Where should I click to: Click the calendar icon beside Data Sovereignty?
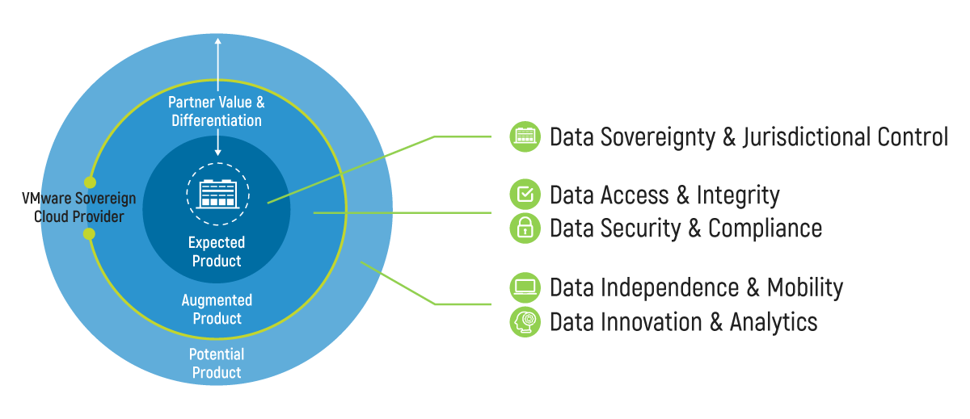pyautogui.click(x=525, y=136)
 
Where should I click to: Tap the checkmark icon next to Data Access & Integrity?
pyautogui.click(x=525, y=195)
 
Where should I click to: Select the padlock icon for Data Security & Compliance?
pyautogui.click(x=525, y=228)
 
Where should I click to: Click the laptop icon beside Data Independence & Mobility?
pyautogui.click(x=525, y=287)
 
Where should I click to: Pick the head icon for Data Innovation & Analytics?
pyautogui.click(x=525, y=321)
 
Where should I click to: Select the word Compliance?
pyautogui.click(x=765, y=228)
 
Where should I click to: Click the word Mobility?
pyautogui.click(x=804, y=287)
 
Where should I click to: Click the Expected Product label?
pyautogui.click(x=217, y=251)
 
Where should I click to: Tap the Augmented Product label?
pyautogui.click(x=217, y=309)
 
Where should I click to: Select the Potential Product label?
pyautogui.click(x=216, y=363)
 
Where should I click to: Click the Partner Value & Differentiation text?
pyautogui.click(x=217, y=111)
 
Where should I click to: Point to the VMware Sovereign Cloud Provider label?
pyautogui.click(x=78, y=208)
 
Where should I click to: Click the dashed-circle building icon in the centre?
pyautogui.click(x=217, y=192)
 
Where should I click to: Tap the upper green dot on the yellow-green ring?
pyautogui.click(x=90, y=182)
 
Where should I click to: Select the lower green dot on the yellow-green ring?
pyautogui.click(x=89, y=234)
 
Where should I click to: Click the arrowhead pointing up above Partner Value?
pyautogui.click(x=217, y=43)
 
